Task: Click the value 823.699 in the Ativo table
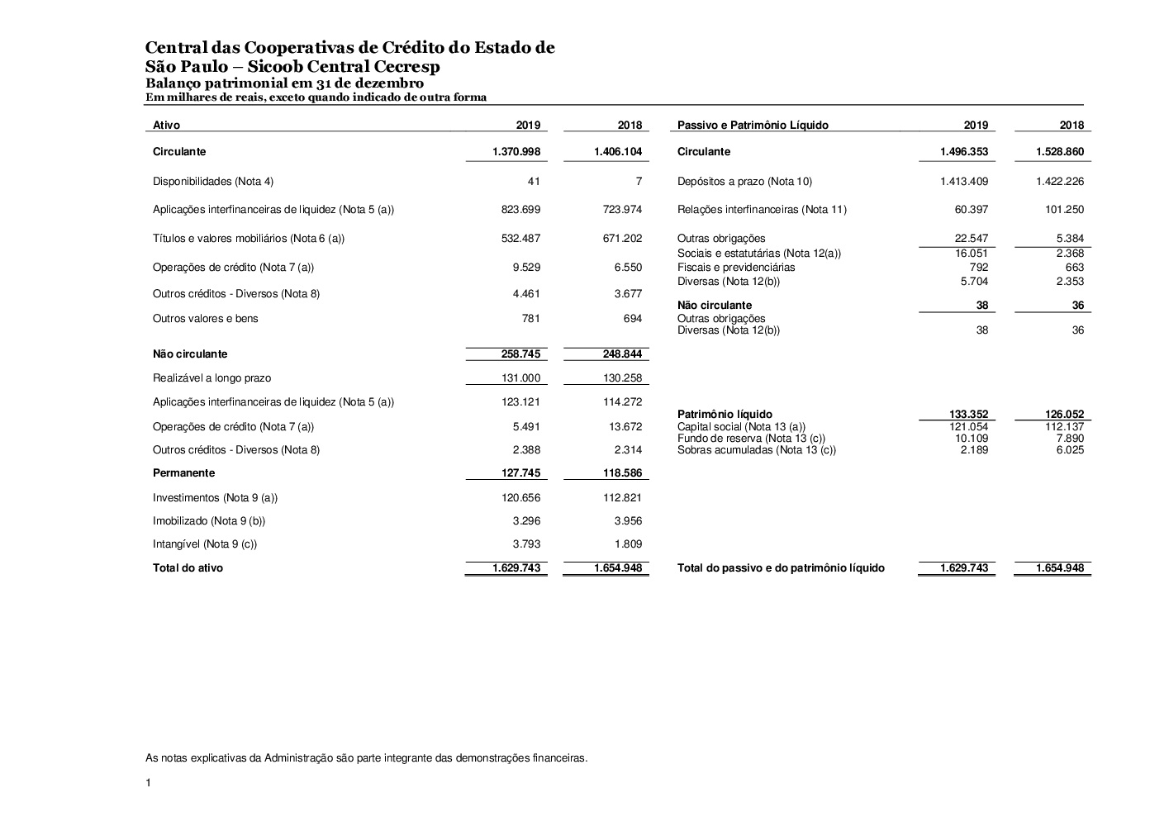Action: [520, 210]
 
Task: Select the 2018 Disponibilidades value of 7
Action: [639, 182]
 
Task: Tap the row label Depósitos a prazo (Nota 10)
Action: [744, 182]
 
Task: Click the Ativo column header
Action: [166, 126]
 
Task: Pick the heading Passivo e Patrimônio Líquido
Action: [753, 126]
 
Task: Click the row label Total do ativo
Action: [188, 568]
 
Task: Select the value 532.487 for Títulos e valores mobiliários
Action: [520, 239]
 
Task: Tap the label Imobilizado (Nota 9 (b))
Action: [209, 521]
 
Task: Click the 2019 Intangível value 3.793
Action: [525, 544]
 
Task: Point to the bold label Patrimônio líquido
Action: [725, 415]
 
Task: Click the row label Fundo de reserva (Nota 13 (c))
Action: [751, 439]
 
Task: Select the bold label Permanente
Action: [183, 473]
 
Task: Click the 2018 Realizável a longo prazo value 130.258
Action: [622, 378]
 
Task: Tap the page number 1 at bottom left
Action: [148, 783]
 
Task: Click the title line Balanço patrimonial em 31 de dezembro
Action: [284, 83]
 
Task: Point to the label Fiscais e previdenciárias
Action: [736, 268]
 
